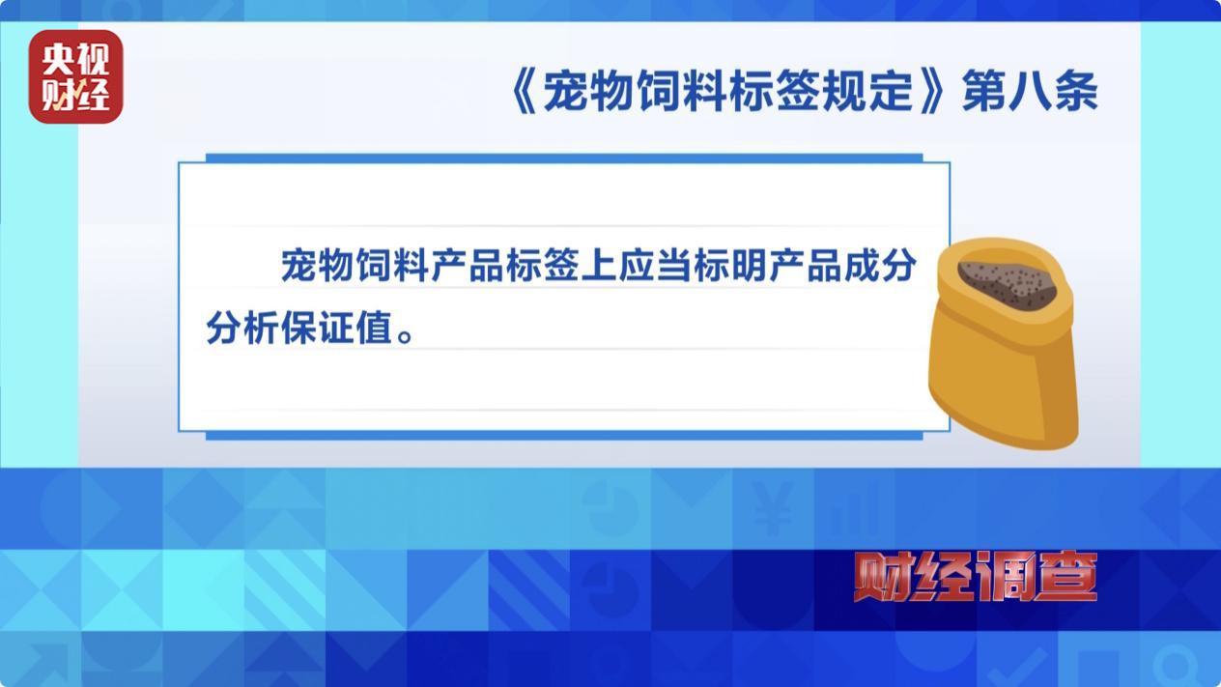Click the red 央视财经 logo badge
click(x=75, y=76)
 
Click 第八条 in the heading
click(x=1030, y=91)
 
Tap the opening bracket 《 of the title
click(x=525, y=91)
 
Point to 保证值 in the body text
click(x=337, y=328)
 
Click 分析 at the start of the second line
click(x=242, y=328)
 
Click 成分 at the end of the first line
click(x=880, y=266)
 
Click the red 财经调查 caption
click(x=976, y=576)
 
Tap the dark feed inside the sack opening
click(x=1007, y=282)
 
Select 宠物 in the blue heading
click(x=589, y=91)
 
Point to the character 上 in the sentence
click(x=599, y=266)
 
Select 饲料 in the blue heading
click(x=682, y=91)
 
